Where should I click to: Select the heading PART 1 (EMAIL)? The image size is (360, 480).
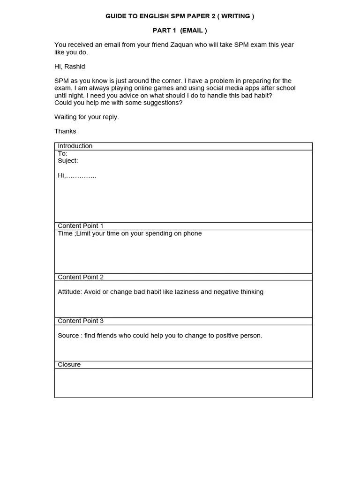pyautogui.click(x=180, y=30)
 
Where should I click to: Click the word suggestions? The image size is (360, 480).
pyautogui.click(x=160, y=103)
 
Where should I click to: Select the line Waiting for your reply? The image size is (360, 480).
pyautogui.click(x=87, y=117)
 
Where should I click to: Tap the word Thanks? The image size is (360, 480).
pyautogui.click(x=65, y=131)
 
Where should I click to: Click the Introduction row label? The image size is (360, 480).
pyautogui.click(x=75, y=146)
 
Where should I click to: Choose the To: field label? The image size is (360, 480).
pyautogui.click(x=62, y=153)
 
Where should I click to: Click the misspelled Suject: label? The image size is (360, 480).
pyautogui.click(x=68, y=161)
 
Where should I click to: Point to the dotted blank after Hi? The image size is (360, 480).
pyautogui.click(x=81, y=176)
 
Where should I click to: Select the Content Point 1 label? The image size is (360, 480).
pyautogui.click(x=81, y=226)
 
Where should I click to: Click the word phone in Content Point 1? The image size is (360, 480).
pyautogui.click(x=193, y=233)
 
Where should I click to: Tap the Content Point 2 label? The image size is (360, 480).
pyautogui.click(x=81, y=277)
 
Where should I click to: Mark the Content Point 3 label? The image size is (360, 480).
pyautogui.click(x=81, y=321)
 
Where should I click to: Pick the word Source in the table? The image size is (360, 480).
pyautogui.click(x=68, y=336)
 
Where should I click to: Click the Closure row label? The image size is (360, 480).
pyautogui.click(x=69, y=365)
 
